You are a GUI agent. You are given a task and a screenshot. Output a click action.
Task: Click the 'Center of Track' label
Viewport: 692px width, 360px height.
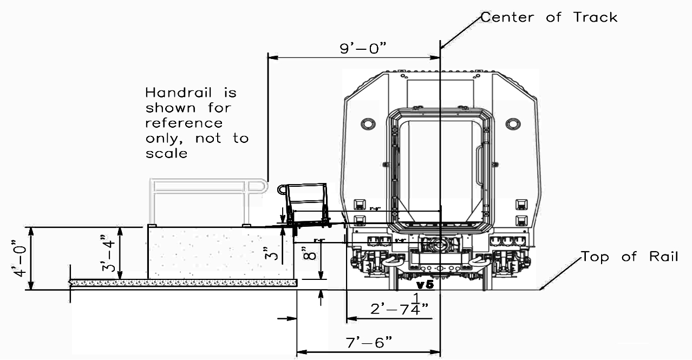(549, 17)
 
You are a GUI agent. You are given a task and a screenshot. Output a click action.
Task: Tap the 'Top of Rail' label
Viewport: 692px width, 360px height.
(629, 257)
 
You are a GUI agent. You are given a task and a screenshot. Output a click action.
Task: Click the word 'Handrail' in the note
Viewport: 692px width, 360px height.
(191, 93)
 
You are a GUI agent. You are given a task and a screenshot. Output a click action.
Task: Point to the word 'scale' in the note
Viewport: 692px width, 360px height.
(166, 153)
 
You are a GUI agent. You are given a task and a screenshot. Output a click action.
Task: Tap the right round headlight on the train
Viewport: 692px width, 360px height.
(513, 124)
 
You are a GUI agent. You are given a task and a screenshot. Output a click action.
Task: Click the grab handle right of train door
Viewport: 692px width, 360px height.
(480, 166)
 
